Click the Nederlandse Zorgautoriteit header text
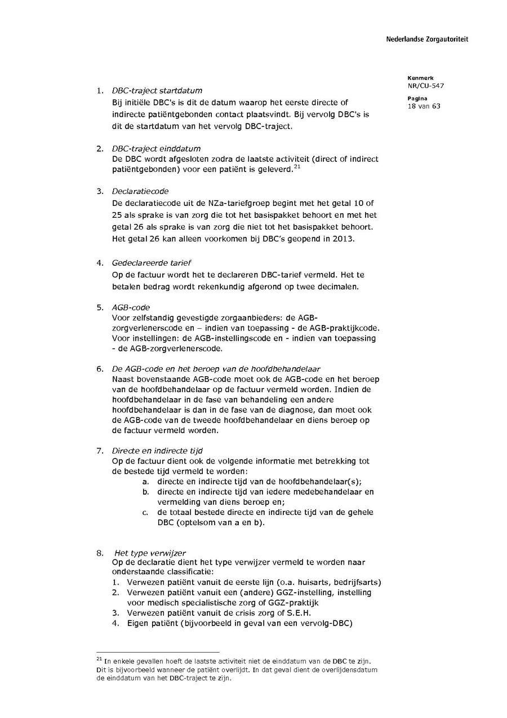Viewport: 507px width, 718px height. pos(427,39)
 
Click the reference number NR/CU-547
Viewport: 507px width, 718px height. pos(425,86)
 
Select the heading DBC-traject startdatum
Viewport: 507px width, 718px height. pos(157,90)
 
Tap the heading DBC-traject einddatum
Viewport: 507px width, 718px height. pos(156,149)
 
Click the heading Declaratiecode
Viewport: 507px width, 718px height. pos(140,191)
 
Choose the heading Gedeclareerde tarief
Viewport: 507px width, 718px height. pos(152,263)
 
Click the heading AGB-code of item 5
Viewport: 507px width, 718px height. pos(131,307)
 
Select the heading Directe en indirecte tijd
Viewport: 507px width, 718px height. pos(157,451)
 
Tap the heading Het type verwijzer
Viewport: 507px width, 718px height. pos(150,553)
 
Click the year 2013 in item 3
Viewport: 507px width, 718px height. pos(344,238)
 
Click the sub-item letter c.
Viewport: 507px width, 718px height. pos(145,513)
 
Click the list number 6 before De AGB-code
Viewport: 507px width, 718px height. pos(99,369)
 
